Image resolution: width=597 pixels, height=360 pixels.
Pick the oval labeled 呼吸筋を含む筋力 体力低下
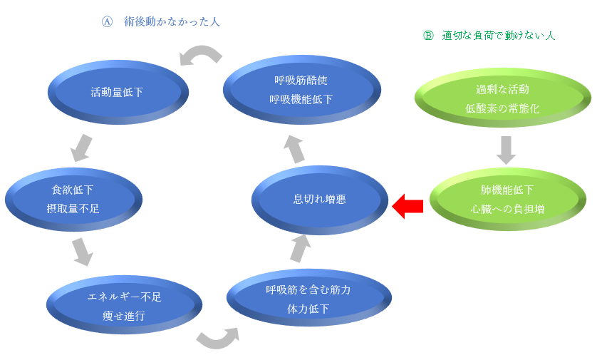(x=308, y=299)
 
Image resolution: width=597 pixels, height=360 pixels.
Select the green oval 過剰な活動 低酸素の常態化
(x=502, y=98)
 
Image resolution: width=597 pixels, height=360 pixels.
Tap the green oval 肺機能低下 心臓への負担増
(x=502, y=200)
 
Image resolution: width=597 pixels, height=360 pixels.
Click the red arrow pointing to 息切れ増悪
(x=408, y=206)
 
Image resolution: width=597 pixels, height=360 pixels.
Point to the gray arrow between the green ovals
(x=506, y=149)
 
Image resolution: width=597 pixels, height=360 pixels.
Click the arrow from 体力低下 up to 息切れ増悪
(x=301, y=248)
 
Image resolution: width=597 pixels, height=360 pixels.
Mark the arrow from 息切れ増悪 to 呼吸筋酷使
(x=294, y=148)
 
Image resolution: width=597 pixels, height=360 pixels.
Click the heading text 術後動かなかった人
(x=172, y=22)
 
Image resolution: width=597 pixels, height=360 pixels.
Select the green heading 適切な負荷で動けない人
(x=498, y=35)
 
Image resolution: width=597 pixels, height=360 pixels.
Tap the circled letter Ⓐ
(x=107, y=22)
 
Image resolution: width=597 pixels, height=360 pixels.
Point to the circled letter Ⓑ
(x=428, y=35)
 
